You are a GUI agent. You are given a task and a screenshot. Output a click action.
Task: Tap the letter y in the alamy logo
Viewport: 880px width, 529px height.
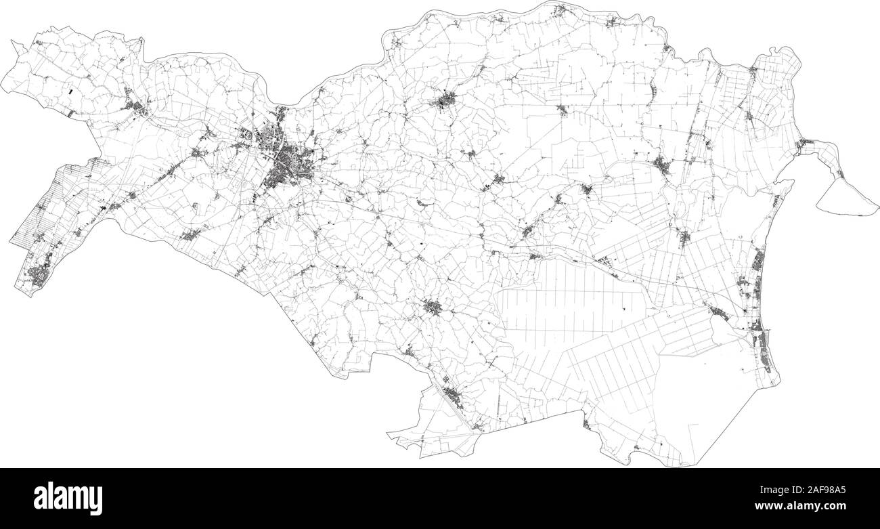pyautogui.click(x=96, y=501)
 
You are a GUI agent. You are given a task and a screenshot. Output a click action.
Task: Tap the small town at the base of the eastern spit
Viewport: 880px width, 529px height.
pyautogui.click(x=804, y=144)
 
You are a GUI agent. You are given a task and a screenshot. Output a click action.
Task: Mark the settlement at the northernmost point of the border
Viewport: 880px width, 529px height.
pyautogui.click(x=560, y=9)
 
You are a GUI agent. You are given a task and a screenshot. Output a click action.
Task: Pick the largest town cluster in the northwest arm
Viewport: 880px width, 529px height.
pyautogui.click(x=139, y=107)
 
